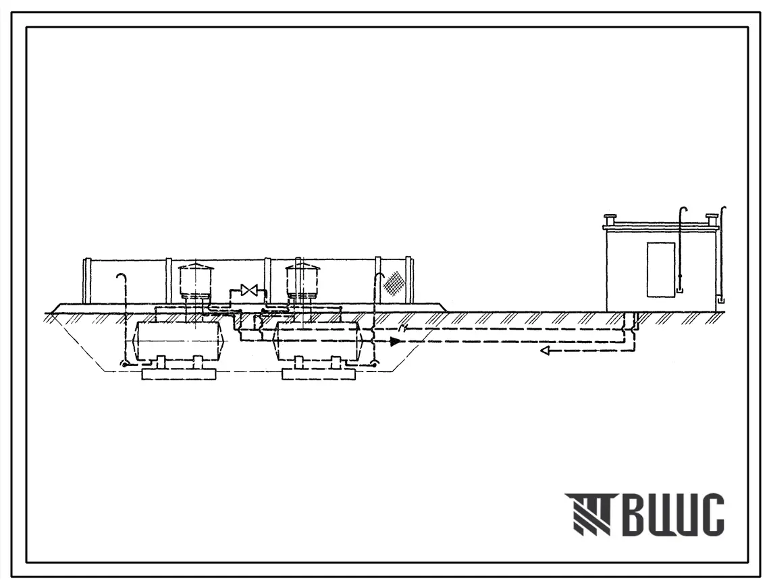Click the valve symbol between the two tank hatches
pos(246,290)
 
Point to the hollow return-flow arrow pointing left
pos(546,351)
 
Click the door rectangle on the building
pos(659,270)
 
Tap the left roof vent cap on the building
pos(611,220)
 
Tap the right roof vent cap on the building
pos(712,220)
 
